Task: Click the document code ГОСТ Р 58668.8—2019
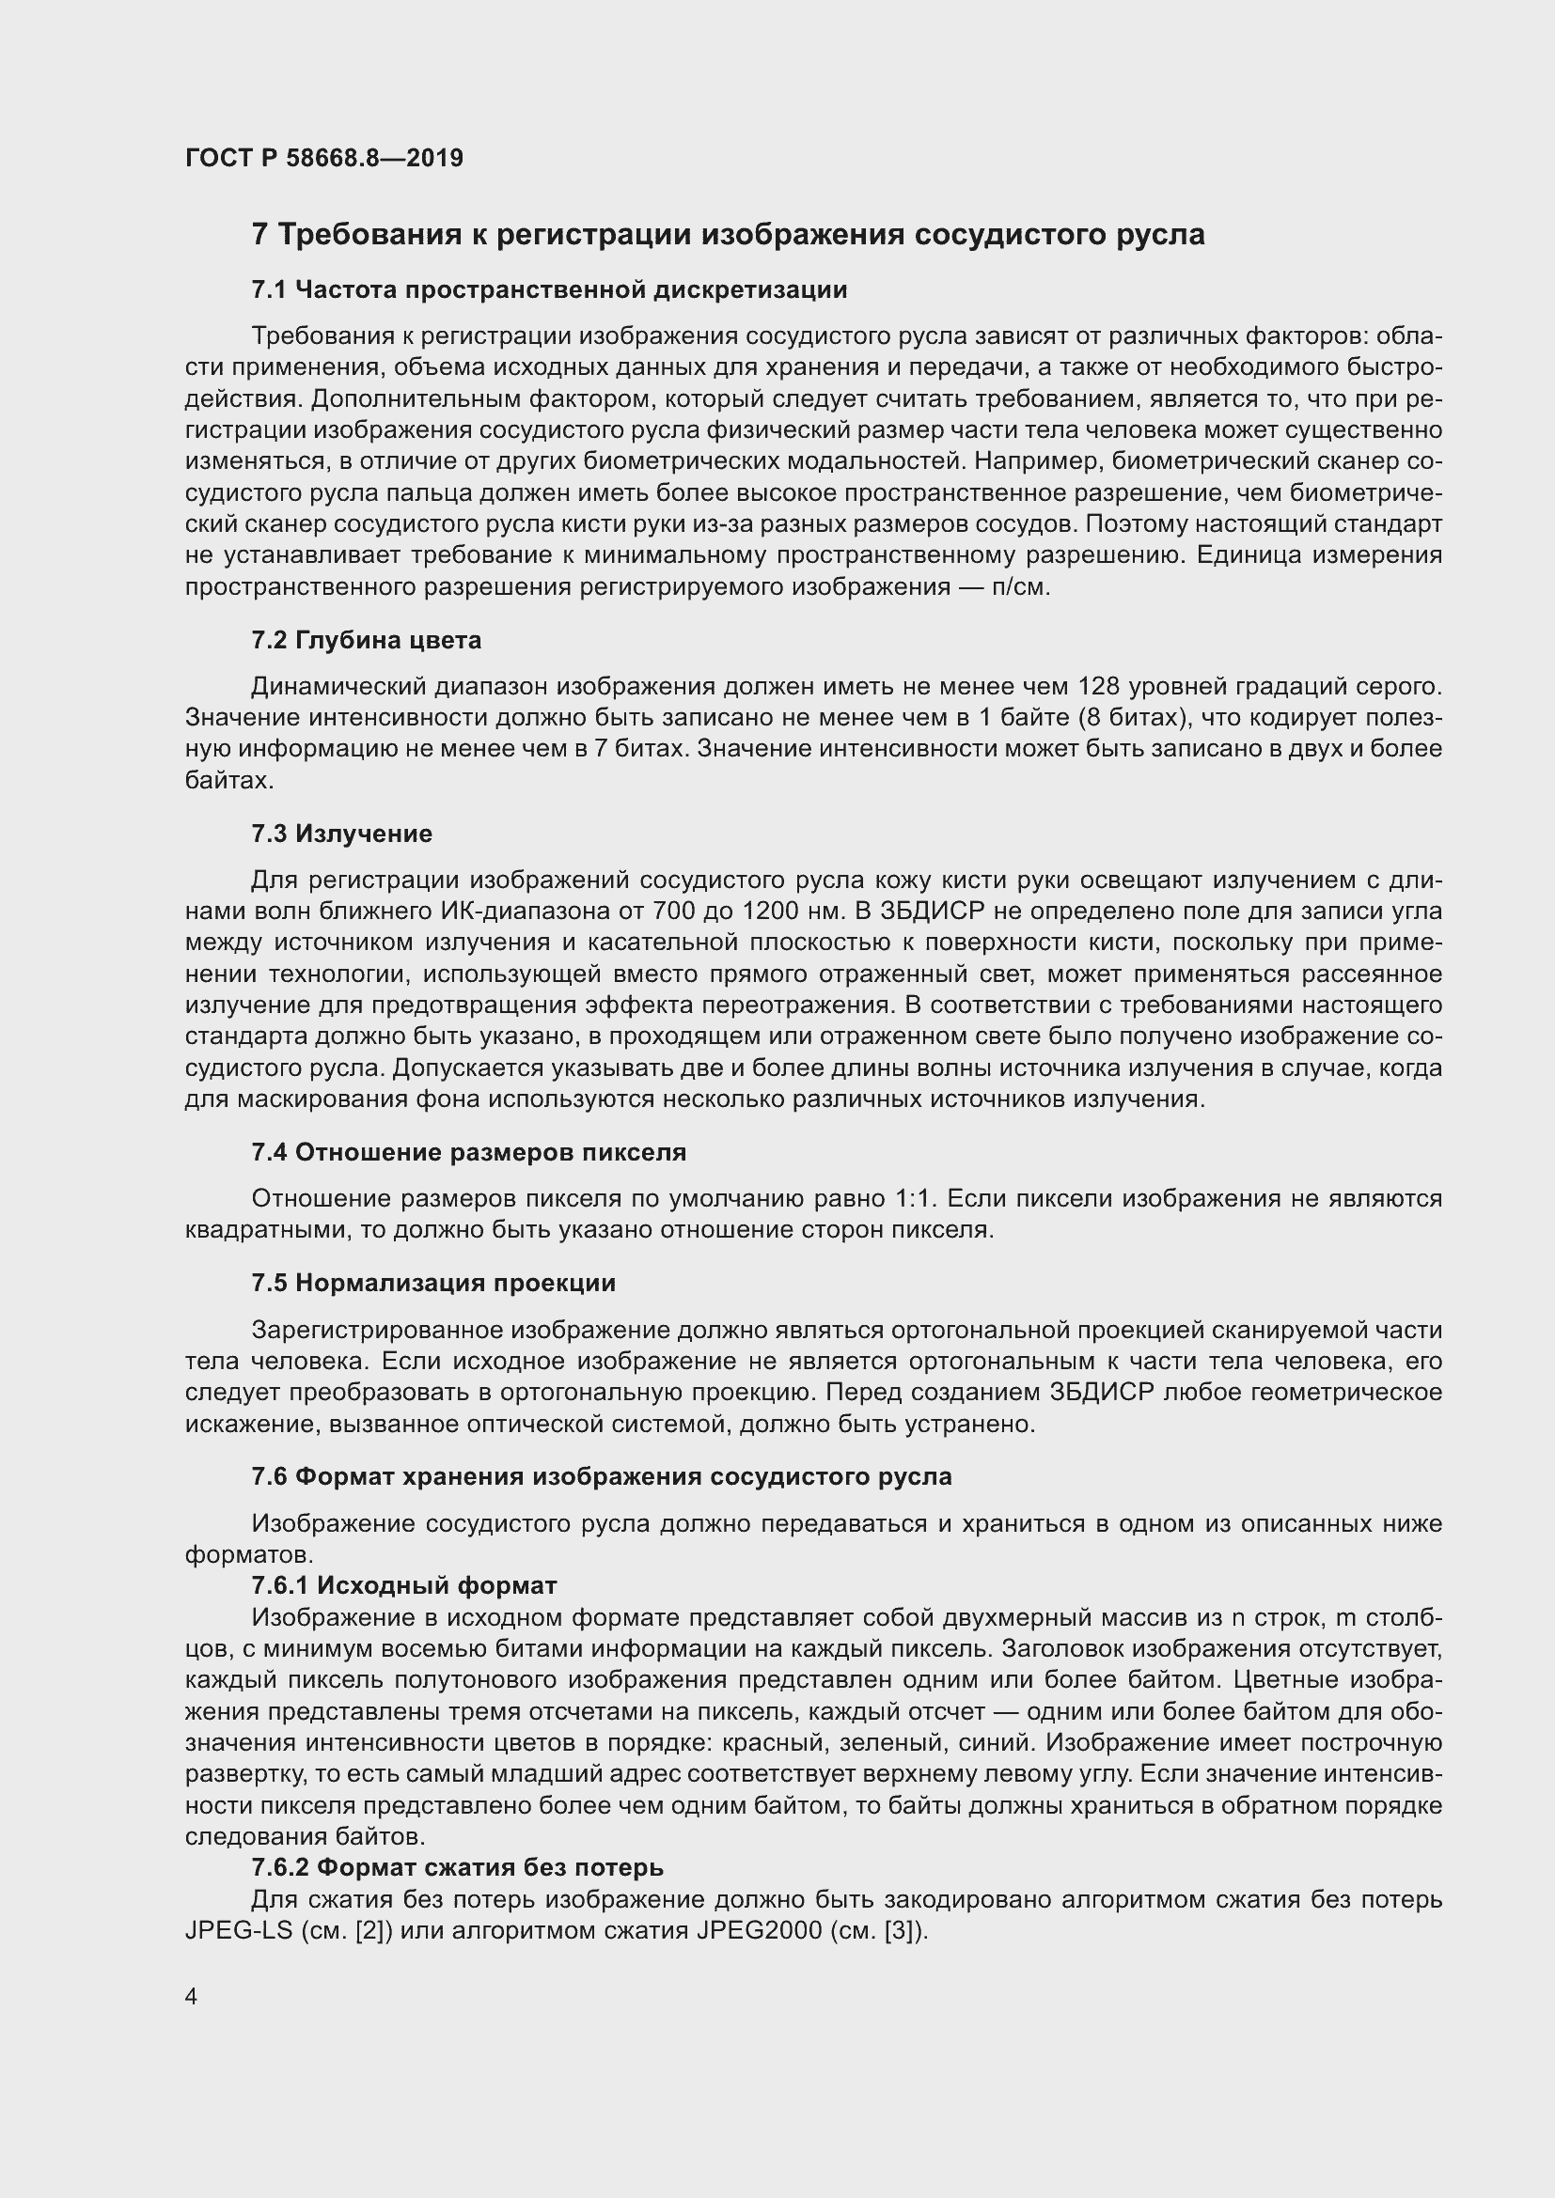click(x=323, y=158)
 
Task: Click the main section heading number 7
click(x=259, y=235)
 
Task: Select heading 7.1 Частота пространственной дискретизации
click(x=550, y=289)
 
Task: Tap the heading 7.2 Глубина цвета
click(x=367, y=640)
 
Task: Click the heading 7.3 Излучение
click(x=342, y=833)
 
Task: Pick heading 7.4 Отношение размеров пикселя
click(x=469, y=1152)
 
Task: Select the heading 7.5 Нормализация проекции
click(x=433, y=1283)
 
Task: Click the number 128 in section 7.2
click(x=1099, y=686)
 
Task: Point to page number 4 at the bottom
click(x=192, y=1997)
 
